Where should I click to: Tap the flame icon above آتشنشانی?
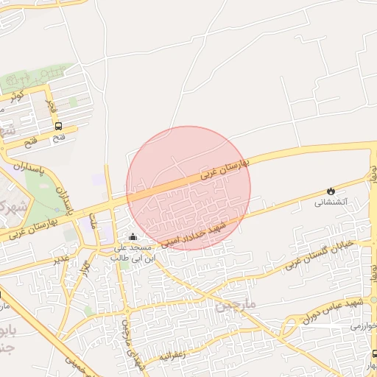[330, 191]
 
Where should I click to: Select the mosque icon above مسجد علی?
[133, 236]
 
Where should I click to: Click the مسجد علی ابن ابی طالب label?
[133, 253]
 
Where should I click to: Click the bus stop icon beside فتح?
[58, 125]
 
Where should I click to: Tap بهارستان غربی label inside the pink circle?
[225, 169]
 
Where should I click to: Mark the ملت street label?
[94, 219]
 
